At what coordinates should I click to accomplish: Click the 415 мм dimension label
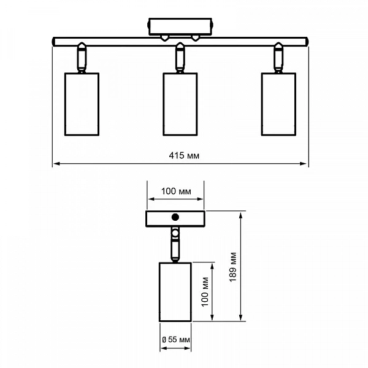(x=184, y=156)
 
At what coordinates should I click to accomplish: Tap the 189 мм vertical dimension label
(x=233, y=267)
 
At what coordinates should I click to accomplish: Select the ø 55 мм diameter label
(x=176, y=339)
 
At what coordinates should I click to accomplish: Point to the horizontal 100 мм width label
(x=176, y=191)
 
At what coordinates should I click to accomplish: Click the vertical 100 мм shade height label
(x=205, y=292)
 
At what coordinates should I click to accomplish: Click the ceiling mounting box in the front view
(x=180, y=26)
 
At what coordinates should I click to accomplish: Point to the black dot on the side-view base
(x=175, y=217)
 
